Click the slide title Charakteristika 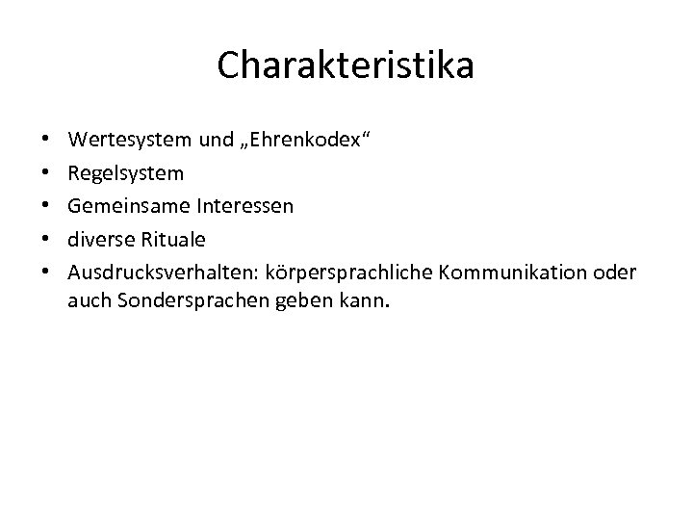point(346,65)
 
